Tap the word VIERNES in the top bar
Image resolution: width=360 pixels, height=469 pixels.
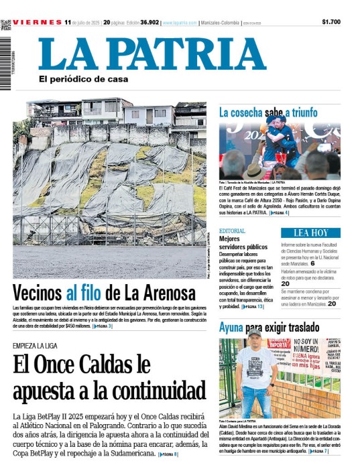click(36, 22)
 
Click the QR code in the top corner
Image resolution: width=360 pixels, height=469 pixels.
click(5, 25)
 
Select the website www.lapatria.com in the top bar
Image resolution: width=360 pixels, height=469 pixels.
click(179, 23)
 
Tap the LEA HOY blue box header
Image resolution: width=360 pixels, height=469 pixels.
click(310, 232)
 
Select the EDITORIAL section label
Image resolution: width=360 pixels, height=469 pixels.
click(232, 230)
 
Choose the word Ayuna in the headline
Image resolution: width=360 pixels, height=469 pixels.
click(231, 329)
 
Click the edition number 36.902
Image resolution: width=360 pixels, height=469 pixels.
click(149, 22)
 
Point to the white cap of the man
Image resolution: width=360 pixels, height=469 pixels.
click(254, 332)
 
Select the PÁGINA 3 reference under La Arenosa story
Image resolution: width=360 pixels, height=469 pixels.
click(103, 326)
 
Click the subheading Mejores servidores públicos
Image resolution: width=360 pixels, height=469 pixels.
click(243, 243)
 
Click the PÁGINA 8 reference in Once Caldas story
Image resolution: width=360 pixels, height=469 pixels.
click(168, 455)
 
